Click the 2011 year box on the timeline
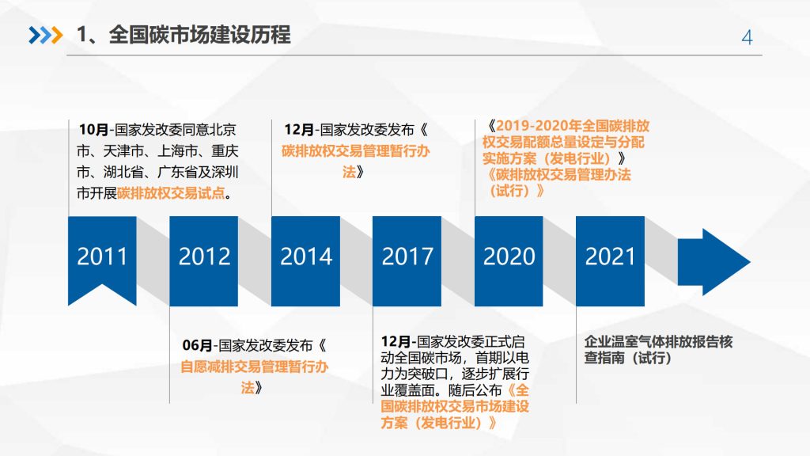point(102,257)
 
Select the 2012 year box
point(204,257)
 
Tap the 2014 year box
point(306,257)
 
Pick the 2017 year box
point(407,257)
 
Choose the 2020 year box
point(509,257)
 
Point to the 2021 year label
point(610,256)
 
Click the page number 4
point(747,37)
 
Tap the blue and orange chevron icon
point(44,36)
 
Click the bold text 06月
point(197,345)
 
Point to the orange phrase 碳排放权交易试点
point(171,194)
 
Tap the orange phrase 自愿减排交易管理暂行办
point(254,367)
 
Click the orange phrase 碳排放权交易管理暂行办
point(355,151)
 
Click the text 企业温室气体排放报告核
point(658,342)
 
